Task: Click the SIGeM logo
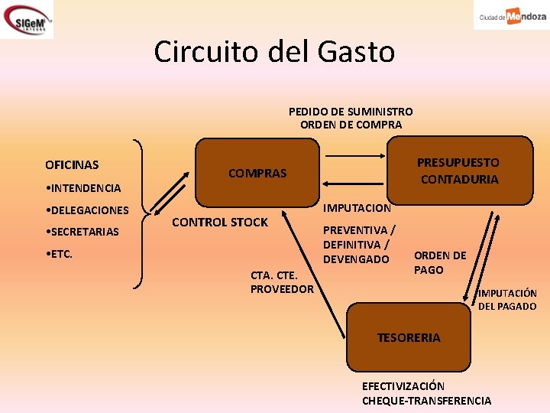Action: [x=27, y=19]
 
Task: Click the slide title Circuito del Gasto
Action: [x=274, y=52]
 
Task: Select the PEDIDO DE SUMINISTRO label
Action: [x=351, y=112]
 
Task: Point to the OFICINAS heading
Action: [x=72, y=164]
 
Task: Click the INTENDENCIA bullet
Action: [x=83, y=187]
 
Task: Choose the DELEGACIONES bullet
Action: [x=87, y=210]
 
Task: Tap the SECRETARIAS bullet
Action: [x=82, y=232]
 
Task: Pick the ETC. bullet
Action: [x=60, y=254]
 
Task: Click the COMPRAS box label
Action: [x=257, y=174]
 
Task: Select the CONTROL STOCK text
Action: [x=220, y=223]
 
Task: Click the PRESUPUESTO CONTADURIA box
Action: [x=458, y=171]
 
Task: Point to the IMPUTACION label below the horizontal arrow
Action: [x=357, y=208]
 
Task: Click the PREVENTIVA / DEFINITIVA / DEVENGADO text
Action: [x=359, y=245]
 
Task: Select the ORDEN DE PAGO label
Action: [x=440, y=262]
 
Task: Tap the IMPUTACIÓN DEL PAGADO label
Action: [x=507, y=299]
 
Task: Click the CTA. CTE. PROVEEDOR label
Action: [x=281, y=281]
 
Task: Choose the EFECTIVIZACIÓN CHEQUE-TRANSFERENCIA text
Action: [x=426, y=394]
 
